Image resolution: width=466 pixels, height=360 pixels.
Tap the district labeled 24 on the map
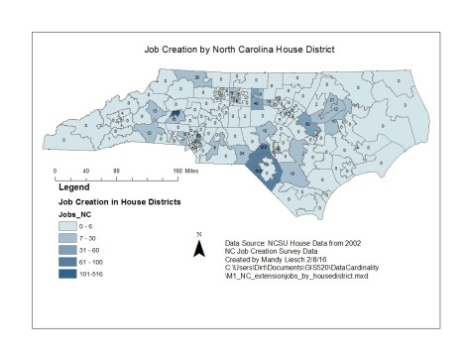point(242,154)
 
